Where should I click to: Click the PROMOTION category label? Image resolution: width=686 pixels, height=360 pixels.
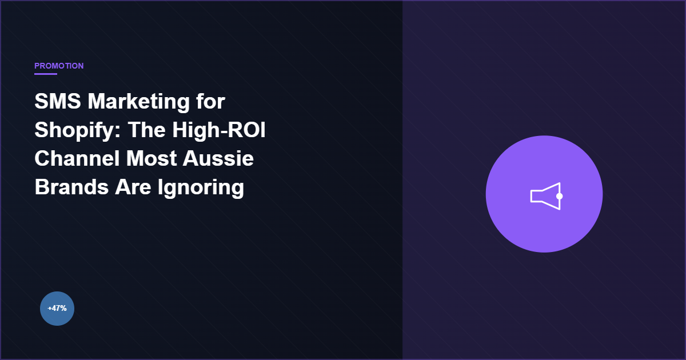click(59, 66)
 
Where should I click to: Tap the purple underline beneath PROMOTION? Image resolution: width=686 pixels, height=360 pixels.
click(46, 74)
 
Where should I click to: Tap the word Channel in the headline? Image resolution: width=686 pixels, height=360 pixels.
click(73, 159)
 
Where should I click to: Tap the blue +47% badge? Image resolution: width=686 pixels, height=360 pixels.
click(57, 309)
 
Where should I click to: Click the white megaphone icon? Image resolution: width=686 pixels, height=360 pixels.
click(545, 196)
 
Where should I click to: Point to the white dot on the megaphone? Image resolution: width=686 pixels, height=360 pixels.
click(560, 196)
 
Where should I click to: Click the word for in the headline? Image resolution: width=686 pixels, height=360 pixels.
click(210, 102)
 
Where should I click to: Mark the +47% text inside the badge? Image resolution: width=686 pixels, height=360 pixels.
click(57, 309)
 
